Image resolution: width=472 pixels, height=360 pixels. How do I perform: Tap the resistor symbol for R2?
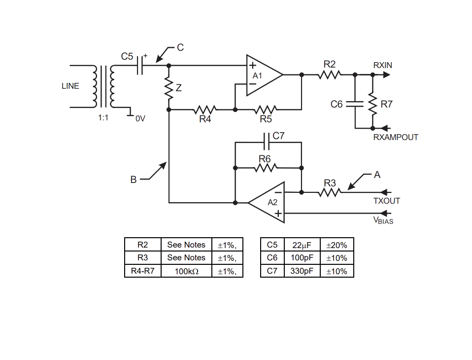(330, 74)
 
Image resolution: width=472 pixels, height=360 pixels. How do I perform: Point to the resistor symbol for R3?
(330, 192)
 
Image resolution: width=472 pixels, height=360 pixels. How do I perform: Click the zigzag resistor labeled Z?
(169, 89)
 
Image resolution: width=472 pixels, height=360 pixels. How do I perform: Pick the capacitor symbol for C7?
(267, 142)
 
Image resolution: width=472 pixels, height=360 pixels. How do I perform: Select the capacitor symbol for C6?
(355, 104)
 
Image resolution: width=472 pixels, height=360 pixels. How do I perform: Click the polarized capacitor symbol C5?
(140, 66)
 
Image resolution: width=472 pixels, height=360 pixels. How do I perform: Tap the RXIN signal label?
(383, 66)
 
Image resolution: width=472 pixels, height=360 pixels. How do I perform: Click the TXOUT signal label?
(386, 201)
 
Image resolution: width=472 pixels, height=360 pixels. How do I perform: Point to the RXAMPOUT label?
(396, 138)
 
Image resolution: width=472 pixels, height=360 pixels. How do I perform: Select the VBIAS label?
(383, 220)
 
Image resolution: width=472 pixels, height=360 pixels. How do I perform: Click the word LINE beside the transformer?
(70, 86)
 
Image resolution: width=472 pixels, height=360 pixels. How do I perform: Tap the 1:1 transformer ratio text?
(103, 118)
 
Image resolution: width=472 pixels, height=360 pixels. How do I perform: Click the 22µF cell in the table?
(302, 245)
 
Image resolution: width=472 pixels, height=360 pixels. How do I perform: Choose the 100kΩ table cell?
(186, 271)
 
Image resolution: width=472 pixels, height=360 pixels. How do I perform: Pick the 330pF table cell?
(302, 271)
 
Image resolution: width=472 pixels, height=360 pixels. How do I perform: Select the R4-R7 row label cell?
(143, 271)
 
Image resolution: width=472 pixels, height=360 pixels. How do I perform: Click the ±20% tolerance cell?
(337, 245)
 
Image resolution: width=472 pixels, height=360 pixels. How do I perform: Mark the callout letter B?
(134, 180)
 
